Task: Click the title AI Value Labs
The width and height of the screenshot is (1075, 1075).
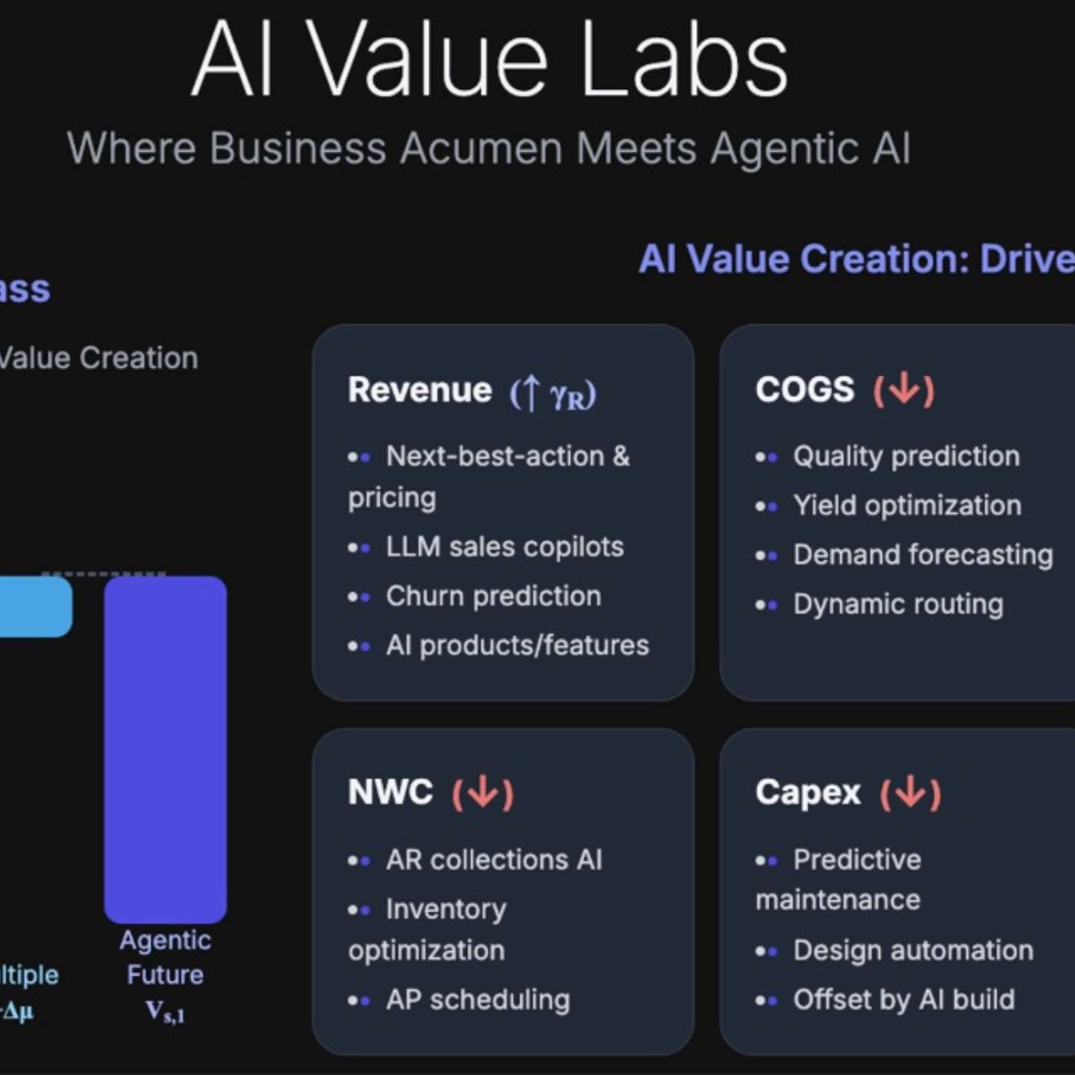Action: click(x=490, y=60)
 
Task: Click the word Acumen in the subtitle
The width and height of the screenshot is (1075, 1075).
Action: click(x=481, y=147)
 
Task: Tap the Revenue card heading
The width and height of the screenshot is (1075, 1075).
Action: click(x=419, y=390)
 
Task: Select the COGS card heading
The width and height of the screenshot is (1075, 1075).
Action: click(x=805, y=390)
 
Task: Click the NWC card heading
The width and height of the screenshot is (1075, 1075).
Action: click(x=390, y=792)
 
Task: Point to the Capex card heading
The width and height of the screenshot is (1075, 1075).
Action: click(x=808, y=792)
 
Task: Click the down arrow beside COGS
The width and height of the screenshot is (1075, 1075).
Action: click(x=904, y=390)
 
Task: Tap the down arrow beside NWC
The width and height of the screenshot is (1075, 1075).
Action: click(x=483, y=792)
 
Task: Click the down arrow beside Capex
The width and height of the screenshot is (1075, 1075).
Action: click(x=911, y=792)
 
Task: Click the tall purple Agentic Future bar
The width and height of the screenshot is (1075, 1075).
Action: click(x=165, y=749)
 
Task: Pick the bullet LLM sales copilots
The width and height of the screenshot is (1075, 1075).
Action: click(x=504, y=547)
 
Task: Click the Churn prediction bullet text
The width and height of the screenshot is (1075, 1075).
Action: click(x=493, y=596)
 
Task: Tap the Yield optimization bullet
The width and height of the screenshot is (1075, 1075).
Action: click(x=907, y=505)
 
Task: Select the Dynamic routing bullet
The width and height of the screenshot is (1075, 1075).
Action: click(x=898, y=604)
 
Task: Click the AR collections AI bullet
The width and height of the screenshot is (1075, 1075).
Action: click(x=494, y=860)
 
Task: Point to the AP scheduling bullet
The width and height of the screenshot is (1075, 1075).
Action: click(x=478, y=1000)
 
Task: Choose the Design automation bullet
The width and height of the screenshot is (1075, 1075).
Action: click(x=913, y=951)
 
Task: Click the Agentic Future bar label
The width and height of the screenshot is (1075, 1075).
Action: click(x=165, y=958)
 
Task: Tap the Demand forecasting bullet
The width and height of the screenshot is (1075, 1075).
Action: click(x=922, y=554)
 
